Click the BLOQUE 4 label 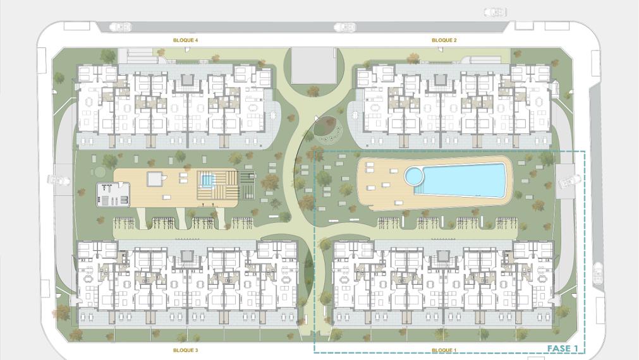coord(185,40)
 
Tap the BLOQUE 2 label coord(444,40)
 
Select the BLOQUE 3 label coord(185,350)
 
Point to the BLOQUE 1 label coord(444,350)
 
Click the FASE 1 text coord(562,349)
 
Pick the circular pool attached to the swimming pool coord(413,175)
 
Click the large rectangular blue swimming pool coord(465,179)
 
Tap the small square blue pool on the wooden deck coord(207,181)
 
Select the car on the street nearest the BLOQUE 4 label coord(120,27)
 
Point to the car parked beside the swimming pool coord(568,179)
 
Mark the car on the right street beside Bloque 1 coord(598,273)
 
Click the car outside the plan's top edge coord(495,11)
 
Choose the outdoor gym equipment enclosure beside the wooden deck coord(113,194)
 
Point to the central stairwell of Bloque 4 coord(185,81)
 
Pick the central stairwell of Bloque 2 coord(440,81)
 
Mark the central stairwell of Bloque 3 coord(185,256)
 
